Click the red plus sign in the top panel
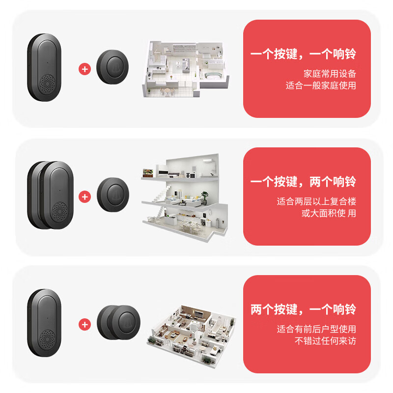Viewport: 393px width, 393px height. pos(85,69)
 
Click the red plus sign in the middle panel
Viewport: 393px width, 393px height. pos(85,197)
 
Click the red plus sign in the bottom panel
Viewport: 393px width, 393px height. pos(85,324)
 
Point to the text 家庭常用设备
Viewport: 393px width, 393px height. pos(330,74)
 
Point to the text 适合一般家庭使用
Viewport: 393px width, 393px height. pos(321,85)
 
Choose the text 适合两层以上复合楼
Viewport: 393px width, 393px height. pos(316,201)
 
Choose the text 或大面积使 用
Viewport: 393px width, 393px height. pos(329,213)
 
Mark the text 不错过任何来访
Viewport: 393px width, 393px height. pos(325,341)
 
